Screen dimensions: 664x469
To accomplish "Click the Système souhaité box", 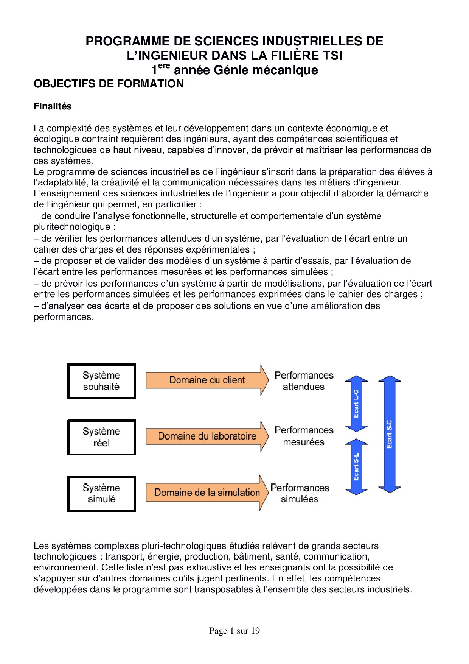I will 101,381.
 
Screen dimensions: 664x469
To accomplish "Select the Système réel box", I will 101,437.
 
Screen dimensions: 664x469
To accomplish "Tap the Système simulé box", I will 101,494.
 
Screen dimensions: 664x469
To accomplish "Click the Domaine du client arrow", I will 207,380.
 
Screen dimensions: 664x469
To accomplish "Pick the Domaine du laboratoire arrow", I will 207,436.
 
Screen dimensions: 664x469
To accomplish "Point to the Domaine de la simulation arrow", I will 207,493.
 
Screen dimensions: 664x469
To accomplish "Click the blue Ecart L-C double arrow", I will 356,404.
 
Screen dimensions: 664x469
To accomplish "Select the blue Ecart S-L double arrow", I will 356,466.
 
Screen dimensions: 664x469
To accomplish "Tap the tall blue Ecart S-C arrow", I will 390,434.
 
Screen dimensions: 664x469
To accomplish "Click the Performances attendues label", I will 304,381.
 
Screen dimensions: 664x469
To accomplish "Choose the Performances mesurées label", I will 304,436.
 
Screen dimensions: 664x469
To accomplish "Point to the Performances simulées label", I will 300,493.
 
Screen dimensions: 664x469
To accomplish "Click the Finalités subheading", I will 53,106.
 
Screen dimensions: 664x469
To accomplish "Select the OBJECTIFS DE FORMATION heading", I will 109,84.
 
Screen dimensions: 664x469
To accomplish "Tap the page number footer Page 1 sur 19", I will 234,631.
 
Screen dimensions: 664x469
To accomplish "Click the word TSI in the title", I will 332,56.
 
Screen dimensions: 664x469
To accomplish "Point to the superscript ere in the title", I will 164,66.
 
